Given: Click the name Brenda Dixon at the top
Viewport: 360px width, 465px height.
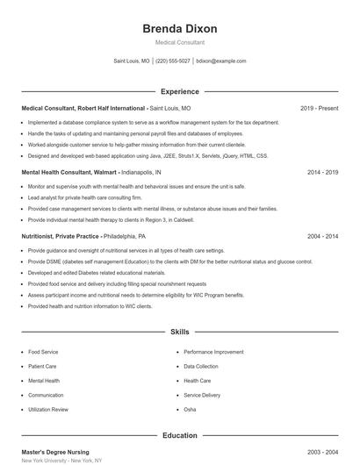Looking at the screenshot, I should [x=179, y=29].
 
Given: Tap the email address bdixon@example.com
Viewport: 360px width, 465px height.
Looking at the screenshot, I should [x=221, y=61].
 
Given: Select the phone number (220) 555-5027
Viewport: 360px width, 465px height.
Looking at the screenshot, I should [x=173, y=61].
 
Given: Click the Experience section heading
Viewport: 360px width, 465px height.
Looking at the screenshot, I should [x=179, y=91].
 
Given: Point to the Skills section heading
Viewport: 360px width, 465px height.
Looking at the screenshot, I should [x=179, y=333].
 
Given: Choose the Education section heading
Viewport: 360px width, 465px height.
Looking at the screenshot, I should [x=179, y=435].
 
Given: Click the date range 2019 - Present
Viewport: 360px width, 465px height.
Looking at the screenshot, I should [x=319, y=108].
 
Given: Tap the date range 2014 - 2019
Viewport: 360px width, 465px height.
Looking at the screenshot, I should [x=322, y=172].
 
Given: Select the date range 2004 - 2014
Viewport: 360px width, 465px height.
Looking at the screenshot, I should [x=322, y=236].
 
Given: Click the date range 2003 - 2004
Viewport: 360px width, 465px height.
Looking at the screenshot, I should [x=322, y=452].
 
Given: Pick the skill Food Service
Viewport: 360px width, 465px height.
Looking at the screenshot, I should [x=43, y=352].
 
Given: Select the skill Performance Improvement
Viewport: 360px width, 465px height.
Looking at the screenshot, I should [x=213, y=352].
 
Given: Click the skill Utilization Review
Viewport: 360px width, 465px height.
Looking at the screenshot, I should [x=47, y=410].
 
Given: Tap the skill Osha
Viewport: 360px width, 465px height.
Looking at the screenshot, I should [x=190, y=410].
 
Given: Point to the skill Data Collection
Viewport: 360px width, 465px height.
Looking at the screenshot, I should [x=201, y=366].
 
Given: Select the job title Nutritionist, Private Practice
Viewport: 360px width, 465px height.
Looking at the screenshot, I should [x=61, y=236].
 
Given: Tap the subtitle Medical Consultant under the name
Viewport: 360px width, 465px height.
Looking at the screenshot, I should [x=179, y=42].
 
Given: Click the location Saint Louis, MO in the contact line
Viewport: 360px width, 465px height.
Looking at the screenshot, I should [x=132, y=61].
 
